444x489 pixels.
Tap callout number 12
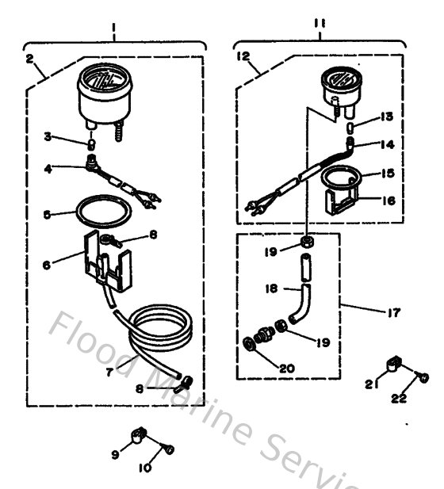(243, 56)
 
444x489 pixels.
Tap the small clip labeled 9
(140, 435)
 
